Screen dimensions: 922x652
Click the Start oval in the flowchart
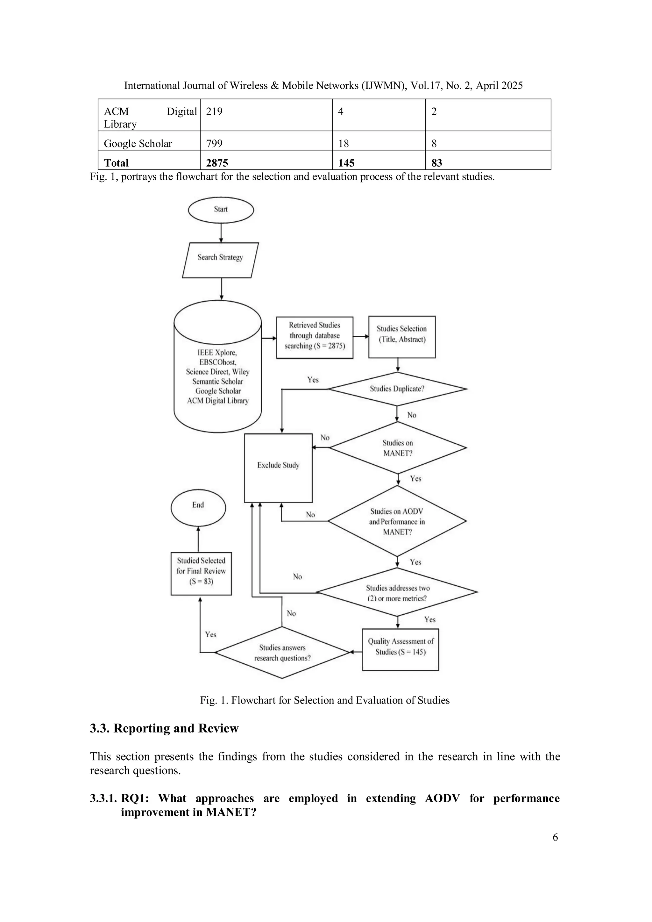click(221, 210)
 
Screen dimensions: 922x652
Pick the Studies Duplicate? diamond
click(397, 389)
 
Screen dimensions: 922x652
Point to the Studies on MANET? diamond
click(397, 447)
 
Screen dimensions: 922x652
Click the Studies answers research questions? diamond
click(282, 653)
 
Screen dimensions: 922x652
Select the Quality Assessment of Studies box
click(400, 647)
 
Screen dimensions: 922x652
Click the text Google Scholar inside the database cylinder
click(218, 391)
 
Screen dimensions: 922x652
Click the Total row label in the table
click(117, 163)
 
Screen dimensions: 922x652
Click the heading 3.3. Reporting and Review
click(164, 728)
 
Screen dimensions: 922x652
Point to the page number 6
click(555, 837)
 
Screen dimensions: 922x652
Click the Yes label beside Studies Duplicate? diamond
click(313, 380)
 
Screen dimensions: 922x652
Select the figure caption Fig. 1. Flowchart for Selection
click(325, 700)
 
